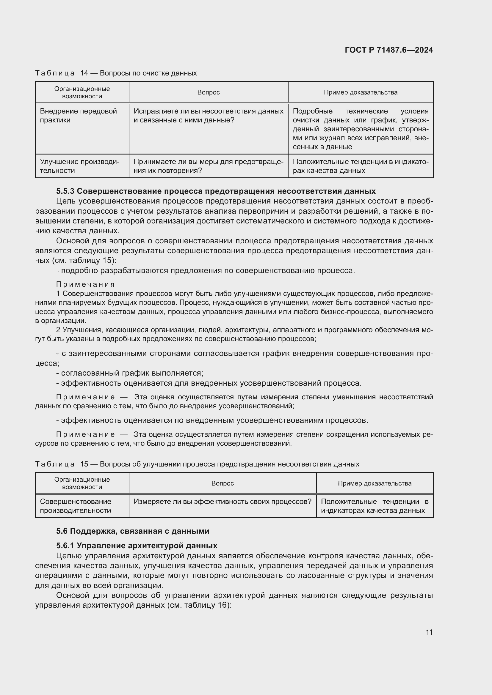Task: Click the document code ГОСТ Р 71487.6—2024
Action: (x=389, y=50)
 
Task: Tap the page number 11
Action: (x=429, y=632)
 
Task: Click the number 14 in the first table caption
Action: (x=84, y=73)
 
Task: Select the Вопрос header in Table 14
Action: (x=209, y=92)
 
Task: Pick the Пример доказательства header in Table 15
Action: (x=375, y=483)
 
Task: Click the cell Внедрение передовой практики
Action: (x=78, y=115)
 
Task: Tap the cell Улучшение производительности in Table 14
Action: (x=79, y=166)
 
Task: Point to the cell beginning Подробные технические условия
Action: (x=361, y=129)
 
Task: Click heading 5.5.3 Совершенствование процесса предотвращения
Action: (x=216, y=191)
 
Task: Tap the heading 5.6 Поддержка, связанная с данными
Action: (x=133, y=531)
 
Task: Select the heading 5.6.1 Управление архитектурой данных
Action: (x=137, y=546)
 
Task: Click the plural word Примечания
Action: (x=85, y=284)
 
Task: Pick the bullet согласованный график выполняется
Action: (x=130, y=373)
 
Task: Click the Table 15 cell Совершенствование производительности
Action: (x=76, y=506)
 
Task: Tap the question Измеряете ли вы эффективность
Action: (x=223, y=502)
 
